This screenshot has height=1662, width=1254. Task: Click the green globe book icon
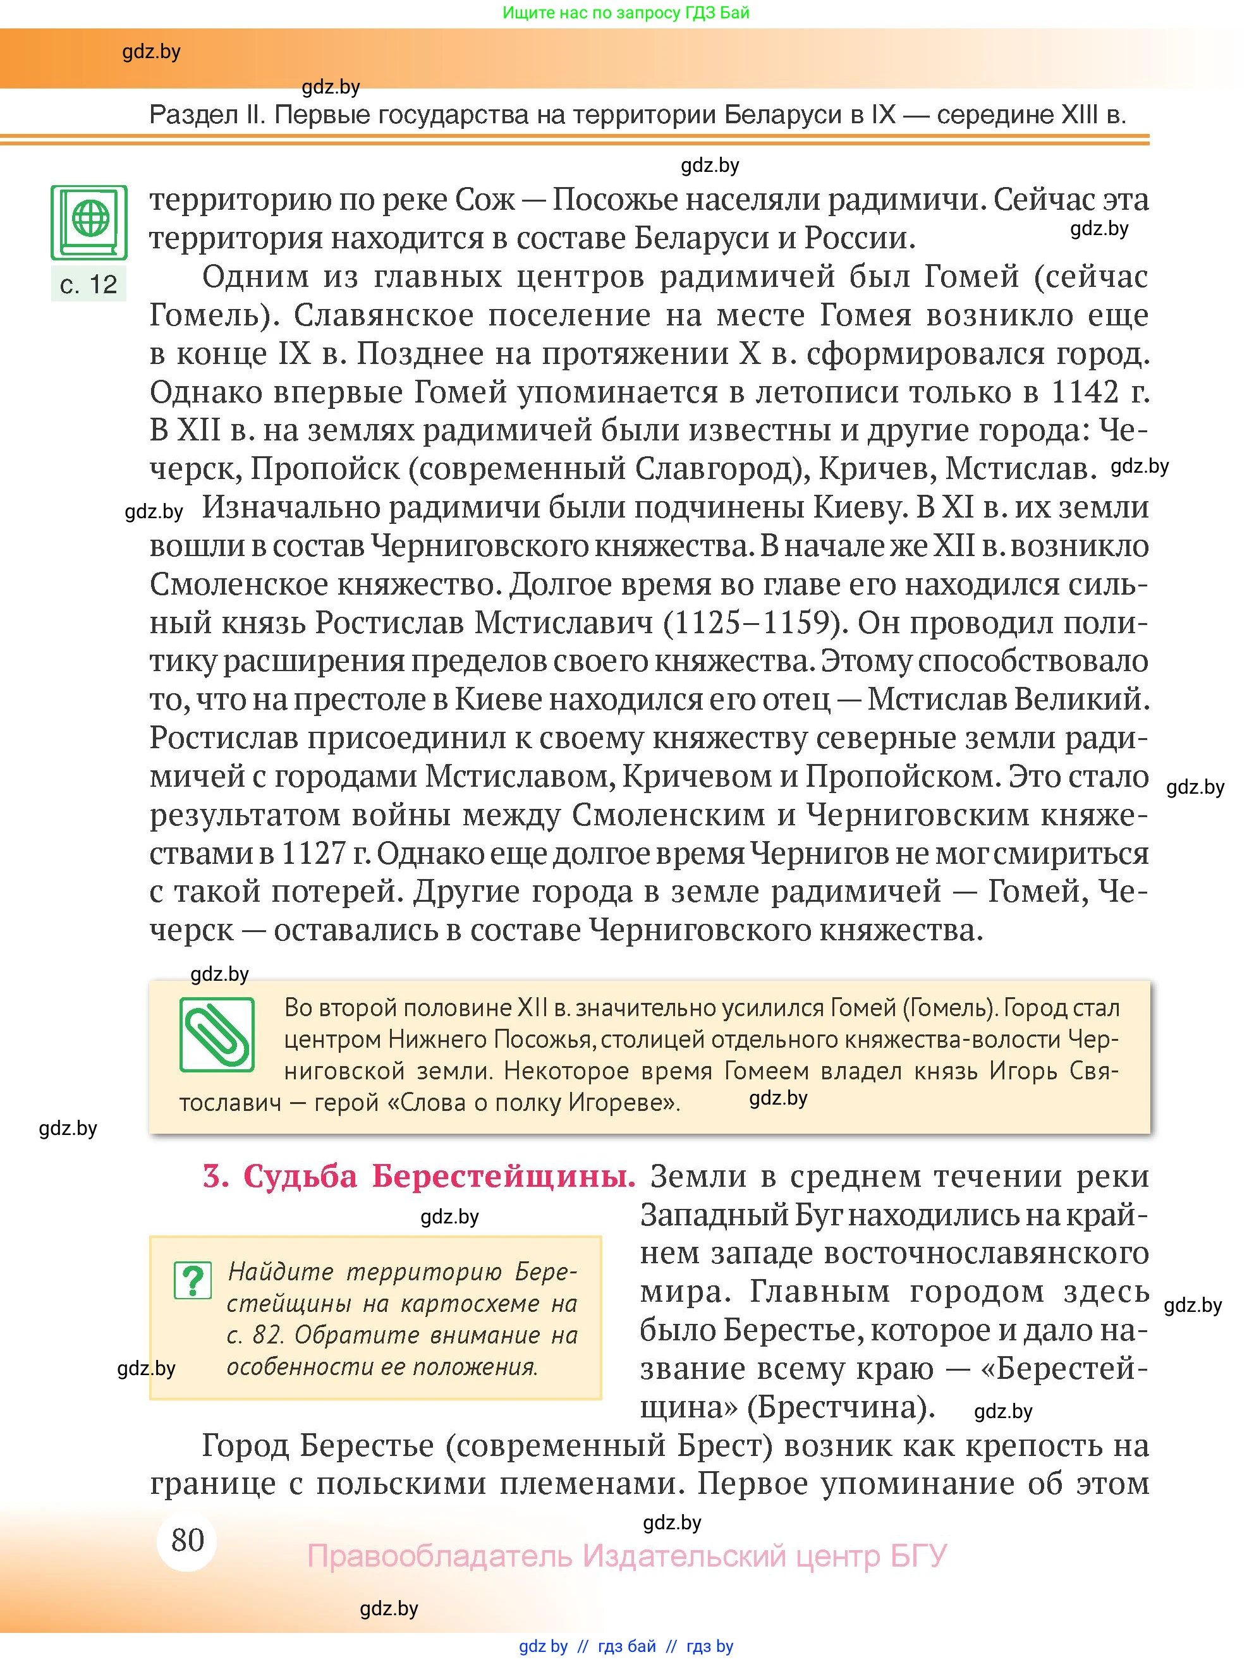[x=88, y=222]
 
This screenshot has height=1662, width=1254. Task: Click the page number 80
[x=187, y=1539]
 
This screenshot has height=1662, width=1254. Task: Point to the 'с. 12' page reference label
[x=88, y=284]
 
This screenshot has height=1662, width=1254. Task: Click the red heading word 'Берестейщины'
[x=503, y=1176]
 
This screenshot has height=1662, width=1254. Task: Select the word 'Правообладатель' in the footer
[x=441, y=1555]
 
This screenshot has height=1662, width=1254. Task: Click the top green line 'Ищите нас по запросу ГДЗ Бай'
[x=625, y=13]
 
